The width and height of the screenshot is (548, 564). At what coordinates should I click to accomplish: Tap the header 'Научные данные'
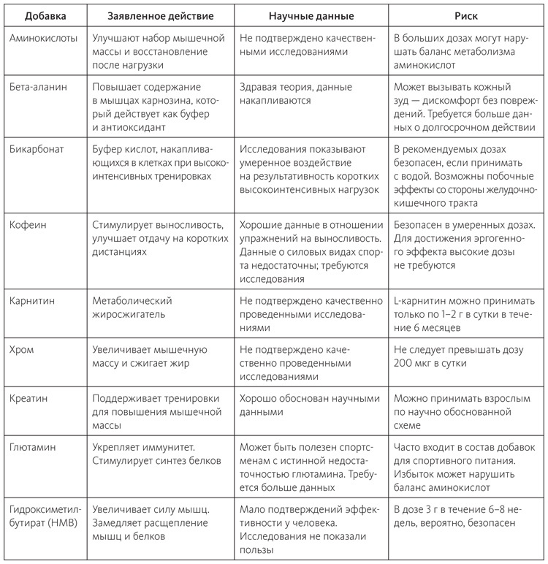[309, 14]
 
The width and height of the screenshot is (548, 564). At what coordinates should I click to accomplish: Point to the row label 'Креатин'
[30, 399]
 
